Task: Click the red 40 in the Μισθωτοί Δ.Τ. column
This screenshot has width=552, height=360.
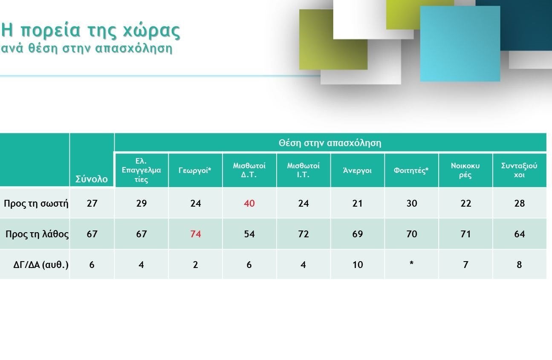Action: coord(249,203)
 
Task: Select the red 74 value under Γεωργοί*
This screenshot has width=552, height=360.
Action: coord(195,234)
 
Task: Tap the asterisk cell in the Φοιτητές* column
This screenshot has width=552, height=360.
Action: coord(411,263)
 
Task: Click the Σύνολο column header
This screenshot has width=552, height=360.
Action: coord(91,179)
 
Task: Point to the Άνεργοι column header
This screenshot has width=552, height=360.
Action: coord(357,170)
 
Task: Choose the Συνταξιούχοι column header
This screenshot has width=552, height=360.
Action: coord(519,170)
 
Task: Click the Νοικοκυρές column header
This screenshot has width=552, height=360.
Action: coord(465,170)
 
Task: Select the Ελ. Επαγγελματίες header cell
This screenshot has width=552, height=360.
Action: coord(141,170)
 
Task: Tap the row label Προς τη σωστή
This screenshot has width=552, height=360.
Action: coord(36,203)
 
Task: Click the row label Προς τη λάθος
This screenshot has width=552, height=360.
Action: coord(37,234)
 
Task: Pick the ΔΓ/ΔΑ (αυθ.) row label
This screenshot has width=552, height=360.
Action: coord(40,265)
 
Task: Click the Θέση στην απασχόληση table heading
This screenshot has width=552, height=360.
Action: coord(330,143)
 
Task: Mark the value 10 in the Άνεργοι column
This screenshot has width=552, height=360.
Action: coord(358,265)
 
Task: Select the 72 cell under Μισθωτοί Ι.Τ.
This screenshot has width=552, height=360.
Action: coord(303,234)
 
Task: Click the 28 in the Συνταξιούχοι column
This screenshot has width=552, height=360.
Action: coord(520,203)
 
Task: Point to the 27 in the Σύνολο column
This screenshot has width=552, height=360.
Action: coord(92,203)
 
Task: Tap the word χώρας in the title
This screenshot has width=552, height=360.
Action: coord(152,31)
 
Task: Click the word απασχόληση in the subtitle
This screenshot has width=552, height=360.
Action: coord(133,48)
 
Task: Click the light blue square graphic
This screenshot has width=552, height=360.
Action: coord(460,44)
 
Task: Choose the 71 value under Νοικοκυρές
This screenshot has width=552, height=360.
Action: coord(466,234)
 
